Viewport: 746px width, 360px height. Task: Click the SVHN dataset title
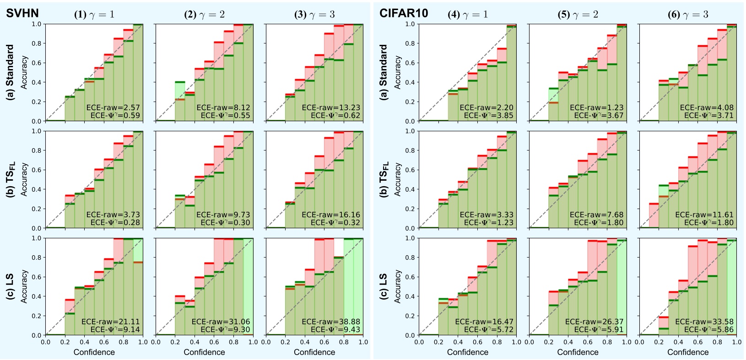click(22, 13)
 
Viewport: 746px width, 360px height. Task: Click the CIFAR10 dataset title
click(404, 13)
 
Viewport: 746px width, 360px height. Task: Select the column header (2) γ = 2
click(205, 14)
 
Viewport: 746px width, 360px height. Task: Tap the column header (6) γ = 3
click(688, 14)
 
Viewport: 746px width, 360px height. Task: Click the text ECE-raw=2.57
click(113, 108)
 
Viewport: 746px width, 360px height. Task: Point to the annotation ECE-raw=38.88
click(331, 322)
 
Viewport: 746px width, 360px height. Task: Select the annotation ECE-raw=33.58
click(704, 322)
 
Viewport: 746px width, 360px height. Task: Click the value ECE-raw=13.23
click(331, 108)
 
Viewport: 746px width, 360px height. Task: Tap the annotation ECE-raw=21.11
click(111, 322)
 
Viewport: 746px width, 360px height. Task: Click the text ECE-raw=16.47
click(484, 322)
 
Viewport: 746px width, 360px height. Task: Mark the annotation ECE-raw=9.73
click(223, 215)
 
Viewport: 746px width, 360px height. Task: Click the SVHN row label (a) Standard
click(10, 72)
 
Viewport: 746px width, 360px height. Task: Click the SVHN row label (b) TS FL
click(10, 179)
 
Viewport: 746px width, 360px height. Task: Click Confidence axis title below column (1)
click(94, 352)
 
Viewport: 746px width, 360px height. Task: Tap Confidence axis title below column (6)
click(688, 352)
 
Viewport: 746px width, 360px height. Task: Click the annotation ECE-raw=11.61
click(704, 215)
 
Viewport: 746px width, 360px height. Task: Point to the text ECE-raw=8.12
click(223, 108)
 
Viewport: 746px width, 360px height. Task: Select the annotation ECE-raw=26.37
click(594, 322)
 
